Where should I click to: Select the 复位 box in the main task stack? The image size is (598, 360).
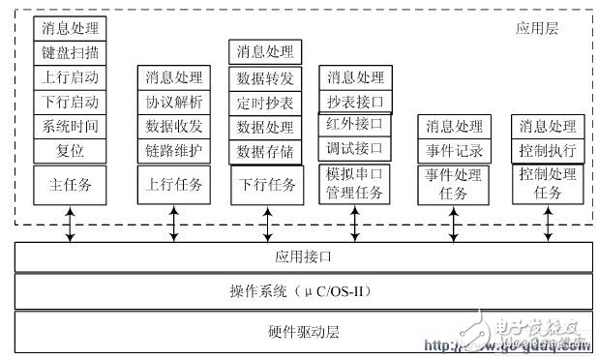click(70, 151)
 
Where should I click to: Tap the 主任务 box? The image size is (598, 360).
click(70, 184)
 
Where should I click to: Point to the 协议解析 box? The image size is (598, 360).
click(173, 101)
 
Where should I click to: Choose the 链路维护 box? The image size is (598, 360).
click(173, 151)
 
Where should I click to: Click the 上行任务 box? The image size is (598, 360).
click(173, 184)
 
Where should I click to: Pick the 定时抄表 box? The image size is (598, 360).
click(264, 102)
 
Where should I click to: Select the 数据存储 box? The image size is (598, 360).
click(264, 151)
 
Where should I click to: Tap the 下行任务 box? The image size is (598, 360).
click(264, 184)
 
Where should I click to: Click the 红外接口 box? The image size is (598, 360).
click(355, 125)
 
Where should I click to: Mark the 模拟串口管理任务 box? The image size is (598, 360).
click(355, 184)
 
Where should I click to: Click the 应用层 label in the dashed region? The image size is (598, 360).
click(537, 29)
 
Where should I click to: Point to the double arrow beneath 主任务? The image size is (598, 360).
click(70, 225)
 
